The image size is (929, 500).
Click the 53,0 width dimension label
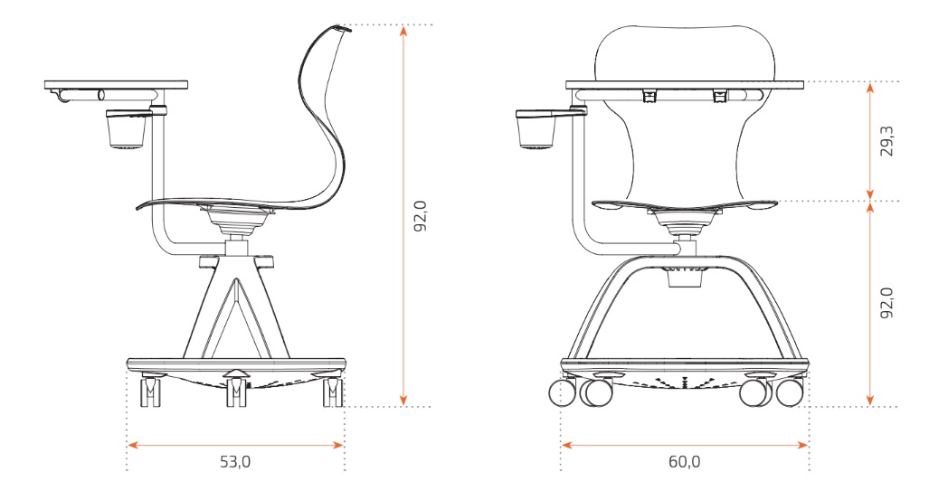[x=235, y=462]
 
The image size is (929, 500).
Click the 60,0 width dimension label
[x=684, y=462]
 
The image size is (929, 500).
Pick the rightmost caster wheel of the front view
[x=790, y=392]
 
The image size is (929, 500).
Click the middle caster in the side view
[x=236, y=392]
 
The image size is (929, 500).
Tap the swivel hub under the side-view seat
[x=238, y=218]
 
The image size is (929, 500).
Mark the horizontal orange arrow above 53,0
[x=235, y=444]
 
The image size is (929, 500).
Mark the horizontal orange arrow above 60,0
[x=684, y=444]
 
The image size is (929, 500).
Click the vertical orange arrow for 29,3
[x=868, y=141]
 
